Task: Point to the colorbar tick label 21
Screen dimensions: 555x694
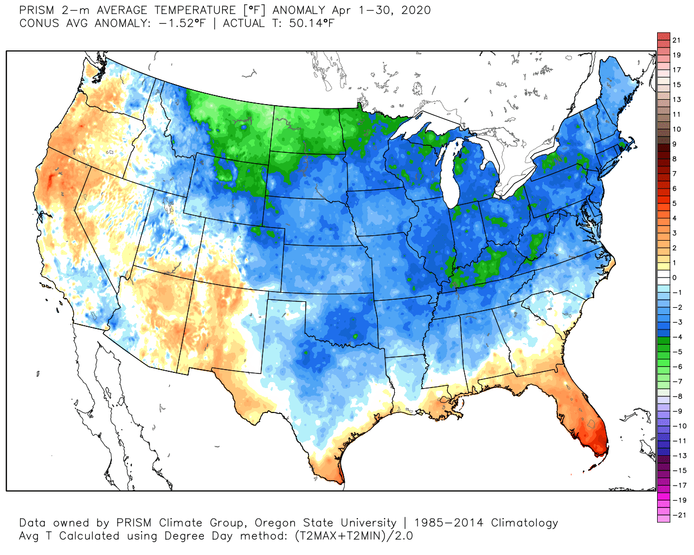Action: (676, 40)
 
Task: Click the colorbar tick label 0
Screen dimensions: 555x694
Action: (674, 277)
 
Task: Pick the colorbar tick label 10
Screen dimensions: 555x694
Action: (676, 129)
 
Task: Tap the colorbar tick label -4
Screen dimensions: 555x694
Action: (677, 337)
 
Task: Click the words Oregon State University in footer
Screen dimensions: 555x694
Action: (325, 523)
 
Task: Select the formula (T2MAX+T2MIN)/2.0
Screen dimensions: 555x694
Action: (354, 536)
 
